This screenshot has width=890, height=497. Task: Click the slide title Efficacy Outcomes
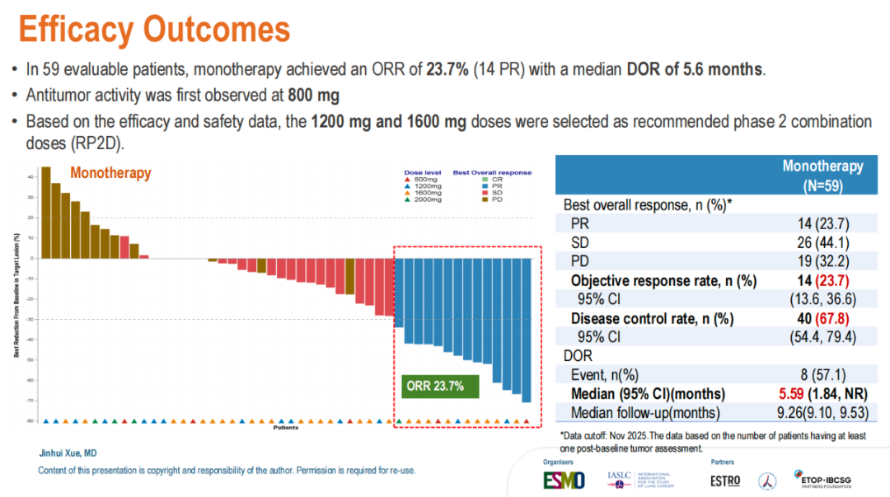coord(155,30)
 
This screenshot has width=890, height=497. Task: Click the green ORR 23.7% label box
coord(434,385)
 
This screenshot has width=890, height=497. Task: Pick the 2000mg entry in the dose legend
coord(425,199)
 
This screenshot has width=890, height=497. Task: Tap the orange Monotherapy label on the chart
coord(110,173)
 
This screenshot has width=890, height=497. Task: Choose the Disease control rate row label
coord(652,318)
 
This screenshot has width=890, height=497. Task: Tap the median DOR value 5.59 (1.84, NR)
coord(822,393)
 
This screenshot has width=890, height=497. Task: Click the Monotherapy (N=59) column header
coord(822,176)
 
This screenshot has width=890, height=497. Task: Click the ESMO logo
coord(564,479)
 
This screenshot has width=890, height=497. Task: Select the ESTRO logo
coord(725,480)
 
